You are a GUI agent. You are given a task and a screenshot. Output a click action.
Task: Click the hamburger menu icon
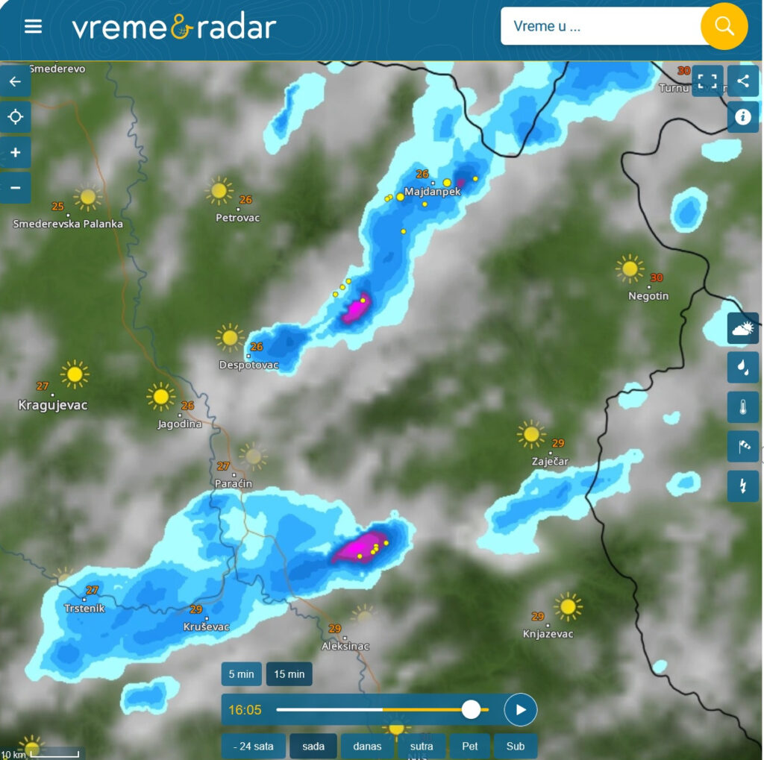(33, 27)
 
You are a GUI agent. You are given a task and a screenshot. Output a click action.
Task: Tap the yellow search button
(724, 26)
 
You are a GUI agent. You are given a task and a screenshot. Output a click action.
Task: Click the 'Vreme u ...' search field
(601, 27)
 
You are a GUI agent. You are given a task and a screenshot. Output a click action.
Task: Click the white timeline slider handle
(471, 709)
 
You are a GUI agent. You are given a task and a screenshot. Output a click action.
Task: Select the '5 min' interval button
(241, 674)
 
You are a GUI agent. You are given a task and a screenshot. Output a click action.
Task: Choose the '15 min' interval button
(289, 674)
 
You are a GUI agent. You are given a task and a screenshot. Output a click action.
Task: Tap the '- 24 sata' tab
(253, 746)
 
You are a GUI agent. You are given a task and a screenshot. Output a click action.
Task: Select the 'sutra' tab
(422, 746)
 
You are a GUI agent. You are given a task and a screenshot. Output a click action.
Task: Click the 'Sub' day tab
(516, 746)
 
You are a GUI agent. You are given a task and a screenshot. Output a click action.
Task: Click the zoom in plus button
(16, 152)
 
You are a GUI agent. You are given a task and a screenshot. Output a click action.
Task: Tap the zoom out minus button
(16, 187)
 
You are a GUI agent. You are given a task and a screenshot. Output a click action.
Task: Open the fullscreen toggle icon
(707, 81)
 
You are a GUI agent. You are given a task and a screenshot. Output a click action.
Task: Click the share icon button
(742, 81)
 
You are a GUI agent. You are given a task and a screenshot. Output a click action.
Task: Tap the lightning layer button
(742, 486)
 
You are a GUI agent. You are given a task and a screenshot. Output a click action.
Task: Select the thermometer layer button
(742, 406)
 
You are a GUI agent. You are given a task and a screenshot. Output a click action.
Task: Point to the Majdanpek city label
(433, 192)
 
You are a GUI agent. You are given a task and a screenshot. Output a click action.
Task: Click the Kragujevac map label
(53, 405)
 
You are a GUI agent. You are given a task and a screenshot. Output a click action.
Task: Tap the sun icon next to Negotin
(629, 268)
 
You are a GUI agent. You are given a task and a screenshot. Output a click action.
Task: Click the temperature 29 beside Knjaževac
(538, 616)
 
